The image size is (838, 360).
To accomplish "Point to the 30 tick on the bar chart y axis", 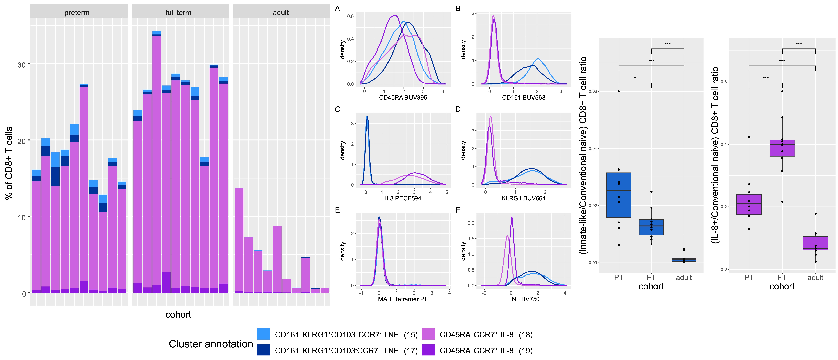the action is tap(21, 65).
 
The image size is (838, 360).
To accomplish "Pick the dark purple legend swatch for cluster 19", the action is tap(428, 350).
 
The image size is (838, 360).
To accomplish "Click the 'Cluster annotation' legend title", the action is tap(211, 344).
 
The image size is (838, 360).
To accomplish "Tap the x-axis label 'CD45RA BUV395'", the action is tap(403, 98).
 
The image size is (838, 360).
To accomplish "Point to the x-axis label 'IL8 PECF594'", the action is tap(403, 198).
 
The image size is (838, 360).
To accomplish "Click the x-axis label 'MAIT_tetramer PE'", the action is tap(403, 299).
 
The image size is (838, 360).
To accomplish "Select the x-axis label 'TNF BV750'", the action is tap(524, 299).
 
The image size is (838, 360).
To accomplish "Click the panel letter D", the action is tap(458, 109).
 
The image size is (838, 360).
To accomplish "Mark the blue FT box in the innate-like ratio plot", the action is tap(651, 227).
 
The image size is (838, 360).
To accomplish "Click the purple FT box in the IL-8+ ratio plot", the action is tap(782, 148).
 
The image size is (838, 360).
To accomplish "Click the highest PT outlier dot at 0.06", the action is tap(619, 91).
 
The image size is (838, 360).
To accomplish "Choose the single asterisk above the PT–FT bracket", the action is tap(635, 78).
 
